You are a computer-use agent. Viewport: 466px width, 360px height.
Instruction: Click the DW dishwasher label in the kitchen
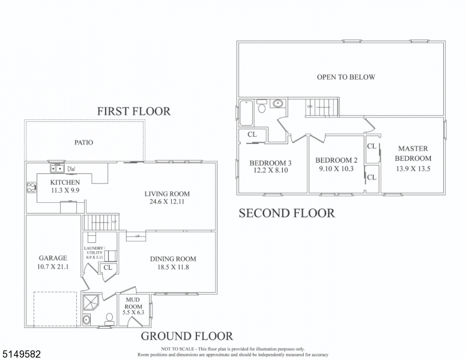[71, 169]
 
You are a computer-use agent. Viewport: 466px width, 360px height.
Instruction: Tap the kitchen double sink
[57, 169]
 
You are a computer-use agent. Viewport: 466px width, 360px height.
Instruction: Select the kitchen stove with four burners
[31, 187]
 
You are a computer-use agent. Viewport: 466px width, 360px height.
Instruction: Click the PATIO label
[83, 143]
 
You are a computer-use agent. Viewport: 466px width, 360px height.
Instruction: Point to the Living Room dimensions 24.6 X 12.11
[167, 202]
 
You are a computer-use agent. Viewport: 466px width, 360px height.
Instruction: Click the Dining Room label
[173, 259]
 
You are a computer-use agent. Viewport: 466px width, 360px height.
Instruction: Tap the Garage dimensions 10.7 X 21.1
[53, 267]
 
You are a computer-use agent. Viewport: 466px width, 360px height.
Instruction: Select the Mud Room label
[133, 303]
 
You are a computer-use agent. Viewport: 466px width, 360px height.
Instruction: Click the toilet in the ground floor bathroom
[109, 319]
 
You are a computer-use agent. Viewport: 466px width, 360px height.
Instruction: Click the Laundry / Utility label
[94, 250]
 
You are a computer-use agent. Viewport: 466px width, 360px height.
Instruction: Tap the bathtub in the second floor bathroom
[246, 113]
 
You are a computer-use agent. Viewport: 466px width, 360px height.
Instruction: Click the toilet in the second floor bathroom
[262, 106]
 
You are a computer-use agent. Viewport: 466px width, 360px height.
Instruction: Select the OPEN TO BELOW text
[346, 77]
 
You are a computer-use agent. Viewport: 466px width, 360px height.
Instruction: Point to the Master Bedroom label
[413, 153]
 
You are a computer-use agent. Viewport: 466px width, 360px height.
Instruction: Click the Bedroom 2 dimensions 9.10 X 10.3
[336, 168]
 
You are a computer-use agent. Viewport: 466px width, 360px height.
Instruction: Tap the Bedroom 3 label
[270, 163]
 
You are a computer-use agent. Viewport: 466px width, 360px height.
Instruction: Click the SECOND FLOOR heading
[287, 213]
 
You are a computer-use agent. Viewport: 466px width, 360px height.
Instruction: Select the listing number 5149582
[22, 354]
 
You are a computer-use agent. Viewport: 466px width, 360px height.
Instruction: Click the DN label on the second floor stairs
[310, 106]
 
